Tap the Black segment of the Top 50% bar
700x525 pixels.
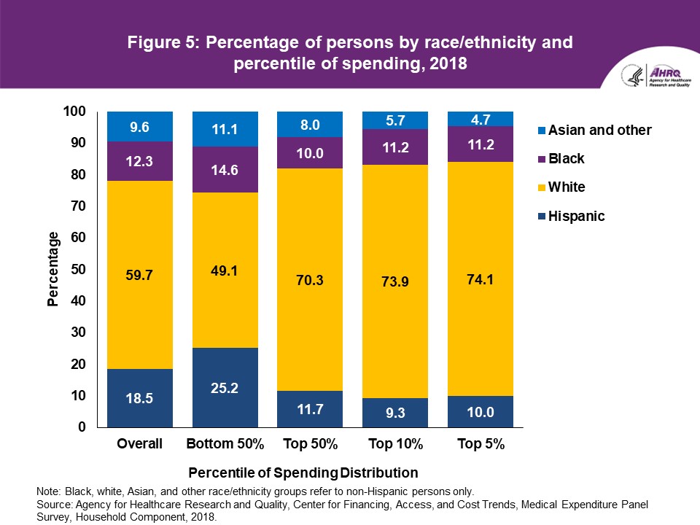coord(310,153)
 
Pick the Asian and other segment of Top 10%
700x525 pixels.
coord(394,120)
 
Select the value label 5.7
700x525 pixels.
coord(394,118)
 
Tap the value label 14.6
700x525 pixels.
coord(225,172)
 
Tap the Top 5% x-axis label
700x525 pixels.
coord(480,444)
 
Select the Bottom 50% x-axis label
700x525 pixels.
coord(225,444)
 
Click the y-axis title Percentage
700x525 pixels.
coord(53,269)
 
